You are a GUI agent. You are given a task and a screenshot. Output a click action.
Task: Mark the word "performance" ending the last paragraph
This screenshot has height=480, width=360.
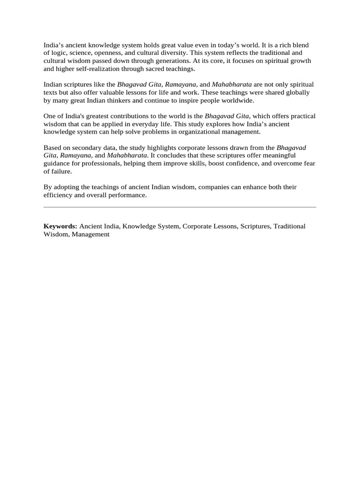click(128, 195)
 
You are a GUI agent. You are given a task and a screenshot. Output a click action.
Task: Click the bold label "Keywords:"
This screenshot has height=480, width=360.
click(60, 226)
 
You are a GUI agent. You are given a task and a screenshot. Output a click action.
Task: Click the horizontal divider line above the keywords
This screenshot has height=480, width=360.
click(180, 207)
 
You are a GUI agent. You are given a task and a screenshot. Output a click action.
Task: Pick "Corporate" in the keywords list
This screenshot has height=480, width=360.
click(196, 226)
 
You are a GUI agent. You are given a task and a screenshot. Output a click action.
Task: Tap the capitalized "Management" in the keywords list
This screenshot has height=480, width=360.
click(90, 234)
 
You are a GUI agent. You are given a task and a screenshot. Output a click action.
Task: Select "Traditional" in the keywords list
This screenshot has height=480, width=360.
click(289, 226)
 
